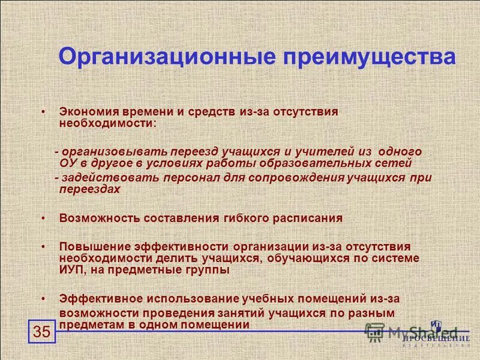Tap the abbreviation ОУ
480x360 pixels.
click(67, 162)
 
